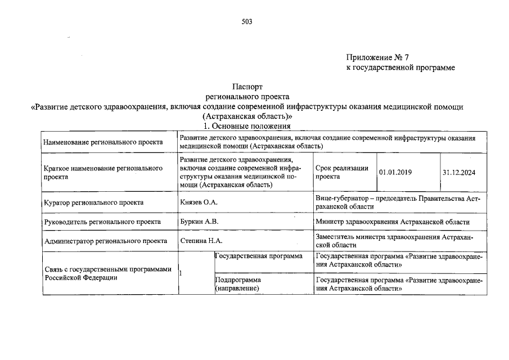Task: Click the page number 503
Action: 247,22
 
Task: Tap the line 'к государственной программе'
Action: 400,67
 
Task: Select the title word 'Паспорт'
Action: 247,87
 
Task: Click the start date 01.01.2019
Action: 395,172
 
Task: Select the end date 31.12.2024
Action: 459,172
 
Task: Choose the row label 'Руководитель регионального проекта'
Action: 101,222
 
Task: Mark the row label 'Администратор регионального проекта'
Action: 105,241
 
